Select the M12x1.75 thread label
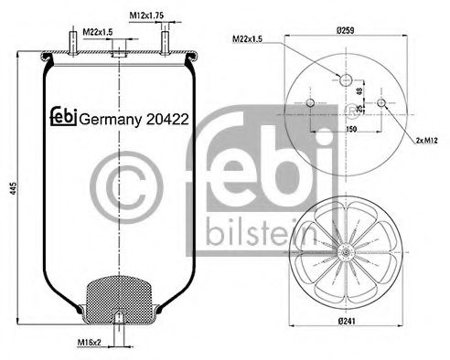[x=145, y=15]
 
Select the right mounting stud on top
[x=165, y=42]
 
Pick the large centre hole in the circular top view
[x=345, y=80]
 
